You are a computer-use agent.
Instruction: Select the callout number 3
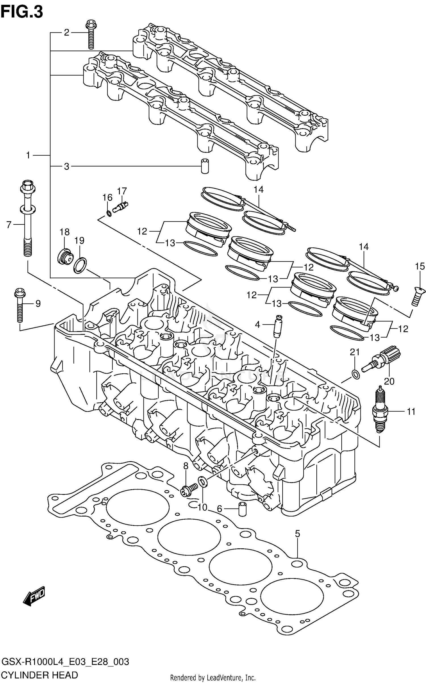point(66,166)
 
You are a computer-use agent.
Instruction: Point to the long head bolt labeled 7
point(28,219)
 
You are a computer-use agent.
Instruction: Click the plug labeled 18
point(66,257)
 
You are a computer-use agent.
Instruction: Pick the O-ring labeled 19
point(80,265)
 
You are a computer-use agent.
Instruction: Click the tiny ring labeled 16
point(109,213)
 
